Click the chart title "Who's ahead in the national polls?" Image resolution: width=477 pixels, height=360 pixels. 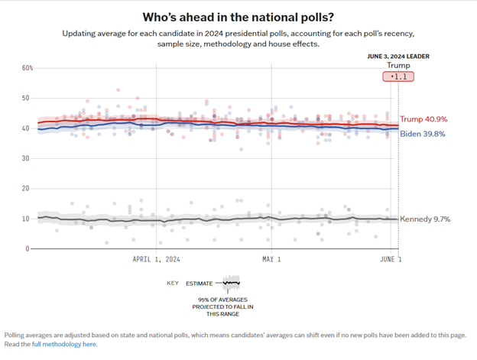(x=238, y=16)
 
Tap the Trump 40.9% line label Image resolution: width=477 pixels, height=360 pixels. (x=423, y=119)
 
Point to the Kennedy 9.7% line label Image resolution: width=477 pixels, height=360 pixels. (x=425, y=219)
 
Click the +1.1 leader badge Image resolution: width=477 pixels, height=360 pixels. (x=398, y=77)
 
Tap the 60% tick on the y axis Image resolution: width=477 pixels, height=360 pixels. (x=27, y=68)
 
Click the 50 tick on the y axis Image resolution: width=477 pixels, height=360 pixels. (x=27, y=98)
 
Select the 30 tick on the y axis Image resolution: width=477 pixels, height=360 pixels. (x=27, y=158)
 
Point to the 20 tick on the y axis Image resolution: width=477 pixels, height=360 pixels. (x=27, y=188)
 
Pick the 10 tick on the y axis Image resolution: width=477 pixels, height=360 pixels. (x=27, y=219)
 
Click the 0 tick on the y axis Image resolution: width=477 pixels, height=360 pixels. (x=28, y=248)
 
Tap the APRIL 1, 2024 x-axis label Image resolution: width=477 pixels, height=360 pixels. (x=156, y=259)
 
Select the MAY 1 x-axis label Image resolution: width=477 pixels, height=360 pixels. (x=271, y=259)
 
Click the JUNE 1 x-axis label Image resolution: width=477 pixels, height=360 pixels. (x=391, y=259)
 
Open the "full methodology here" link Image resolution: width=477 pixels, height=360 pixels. (x=64, y=345)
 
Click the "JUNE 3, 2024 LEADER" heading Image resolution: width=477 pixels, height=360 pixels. (x=398, y=56)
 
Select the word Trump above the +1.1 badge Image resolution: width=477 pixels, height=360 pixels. (x=398, y=66)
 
